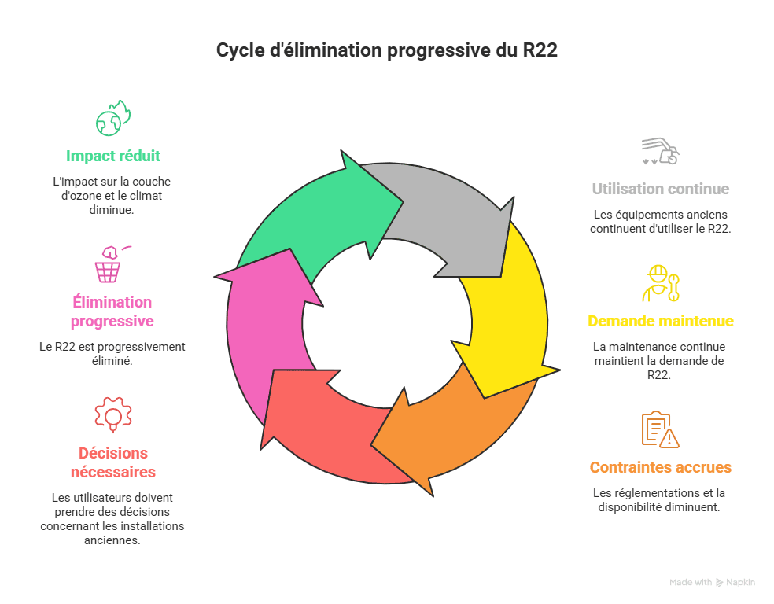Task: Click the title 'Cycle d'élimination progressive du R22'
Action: tap(387, 51)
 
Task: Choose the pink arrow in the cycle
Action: tap(264, 330)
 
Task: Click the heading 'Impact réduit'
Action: tap(113, 156)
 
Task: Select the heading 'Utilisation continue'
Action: tap(660, 189)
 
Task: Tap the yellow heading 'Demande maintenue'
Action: tap(660, 321)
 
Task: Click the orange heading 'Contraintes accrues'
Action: tap(660, 467)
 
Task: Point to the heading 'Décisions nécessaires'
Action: tap(113, 462)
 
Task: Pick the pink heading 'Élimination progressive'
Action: tap(112, 311)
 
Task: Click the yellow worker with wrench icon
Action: tap(660, 283)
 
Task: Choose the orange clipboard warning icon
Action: tap(660, 429)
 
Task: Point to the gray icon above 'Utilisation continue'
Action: tap(660, 151)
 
